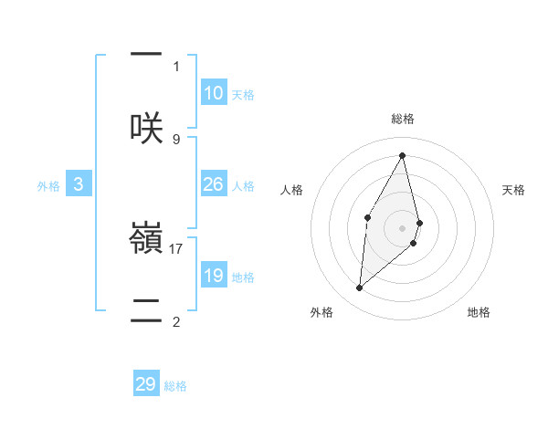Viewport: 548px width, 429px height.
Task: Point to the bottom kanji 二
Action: [146, 308]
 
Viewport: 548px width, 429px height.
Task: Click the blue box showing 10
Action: [214, 93]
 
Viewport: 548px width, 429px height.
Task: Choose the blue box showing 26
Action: [214, 184]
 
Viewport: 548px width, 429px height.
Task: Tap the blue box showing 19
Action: [214, 276]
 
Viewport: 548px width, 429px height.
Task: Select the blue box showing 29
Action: [146, 384]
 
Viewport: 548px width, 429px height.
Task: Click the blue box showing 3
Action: [79, 184]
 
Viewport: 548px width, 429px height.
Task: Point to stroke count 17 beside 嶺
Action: [177, 248]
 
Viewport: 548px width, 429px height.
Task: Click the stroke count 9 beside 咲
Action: [176, 140]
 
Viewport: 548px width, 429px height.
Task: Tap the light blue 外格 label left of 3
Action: [48, 185]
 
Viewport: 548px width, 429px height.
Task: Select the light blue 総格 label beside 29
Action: [175, 385]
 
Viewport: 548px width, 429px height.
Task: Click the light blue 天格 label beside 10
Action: [243, 94]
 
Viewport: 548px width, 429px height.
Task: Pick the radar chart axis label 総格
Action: [403, 119]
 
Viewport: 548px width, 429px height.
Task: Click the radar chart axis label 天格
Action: [513, 190]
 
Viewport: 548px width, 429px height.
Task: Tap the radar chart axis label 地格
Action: [479, 312]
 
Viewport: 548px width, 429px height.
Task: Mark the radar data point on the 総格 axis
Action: [403, 155]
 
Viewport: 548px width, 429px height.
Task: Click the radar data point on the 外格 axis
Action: [360, 288]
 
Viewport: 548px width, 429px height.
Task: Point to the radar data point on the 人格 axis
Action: [367, 217]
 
